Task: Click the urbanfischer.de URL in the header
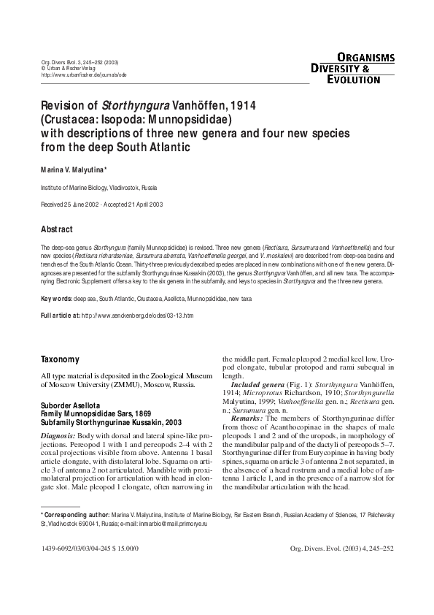[x=84, y=75]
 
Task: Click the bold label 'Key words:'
[x=56, y=299]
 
